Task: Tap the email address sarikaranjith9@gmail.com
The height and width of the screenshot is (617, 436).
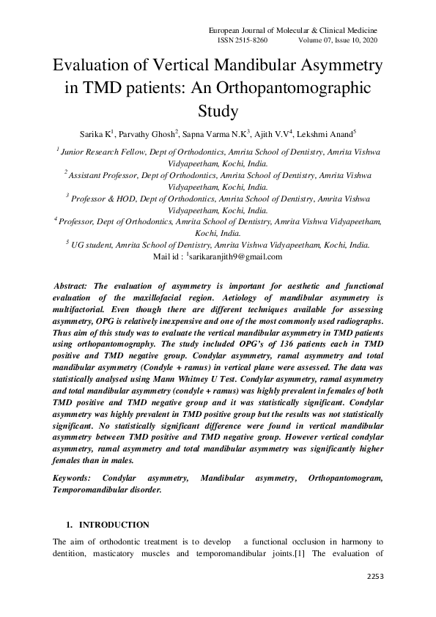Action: (235, 256)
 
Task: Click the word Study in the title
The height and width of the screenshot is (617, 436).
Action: (218, 111)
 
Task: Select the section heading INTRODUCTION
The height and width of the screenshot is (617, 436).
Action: (114, 525)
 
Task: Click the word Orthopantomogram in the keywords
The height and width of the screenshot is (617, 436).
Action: (347, 478)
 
